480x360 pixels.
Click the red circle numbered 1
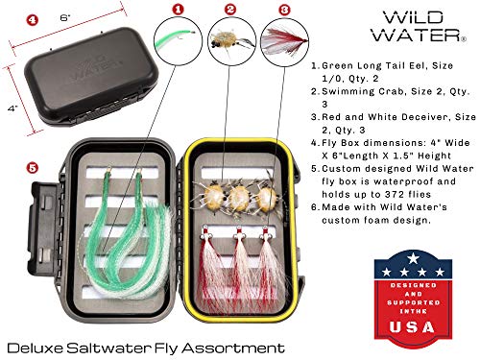(178, 10)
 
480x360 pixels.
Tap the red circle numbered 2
(229, 10)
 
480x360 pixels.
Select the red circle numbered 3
(285, 10)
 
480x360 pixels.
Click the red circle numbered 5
(33, 166)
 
